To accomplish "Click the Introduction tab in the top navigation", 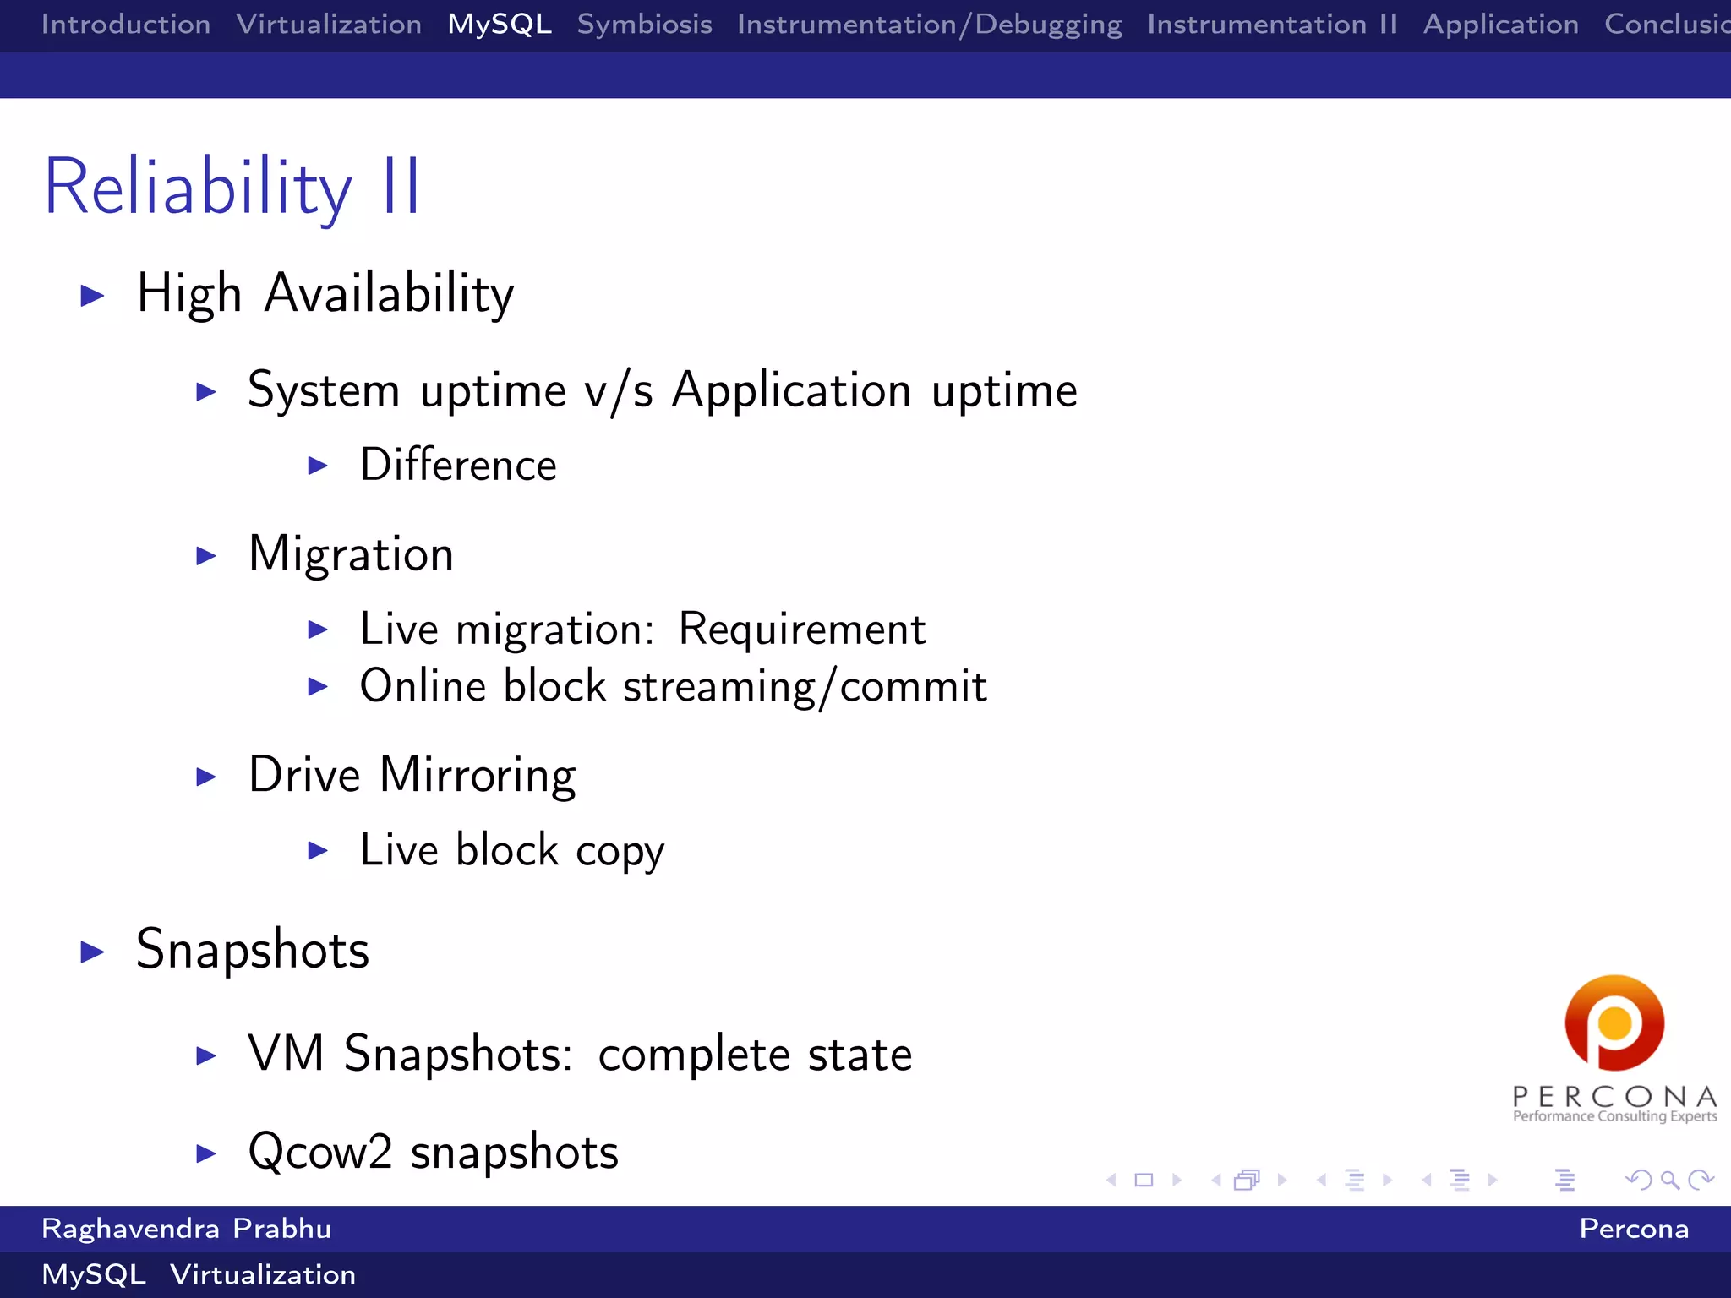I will [x=126, y=25].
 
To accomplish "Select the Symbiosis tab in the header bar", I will [x=644, y=25].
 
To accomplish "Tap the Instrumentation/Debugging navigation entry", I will [x=929, y=25].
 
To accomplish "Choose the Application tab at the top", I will [x=1500, y=25].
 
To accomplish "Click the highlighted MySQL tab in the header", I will [x=500, y=25].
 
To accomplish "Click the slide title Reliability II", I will [x=232, y=187].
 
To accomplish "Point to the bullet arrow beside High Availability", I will [x=92, y=296].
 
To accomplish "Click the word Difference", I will [x=458, y=465].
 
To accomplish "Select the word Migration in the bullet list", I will [x=351, y=554].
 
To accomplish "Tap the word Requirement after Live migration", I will [x=801, y=630].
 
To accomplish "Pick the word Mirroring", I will [x=478, y=775].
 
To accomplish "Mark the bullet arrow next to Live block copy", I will [x=318, y=850].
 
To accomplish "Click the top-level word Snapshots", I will [x=253, y=950].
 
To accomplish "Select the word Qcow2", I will [x=320, y=1152].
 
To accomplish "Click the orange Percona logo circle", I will [x=1614, y=1023].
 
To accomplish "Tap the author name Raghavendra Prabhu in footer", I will [x=187, y=1229].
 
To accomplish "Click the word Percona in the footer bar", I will [x=1633, y=1229].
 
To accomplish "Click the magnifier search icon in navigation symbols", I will [x=1669, y=1180].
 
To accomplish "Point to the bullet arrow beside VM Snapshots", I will [x=206, y=1055].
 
